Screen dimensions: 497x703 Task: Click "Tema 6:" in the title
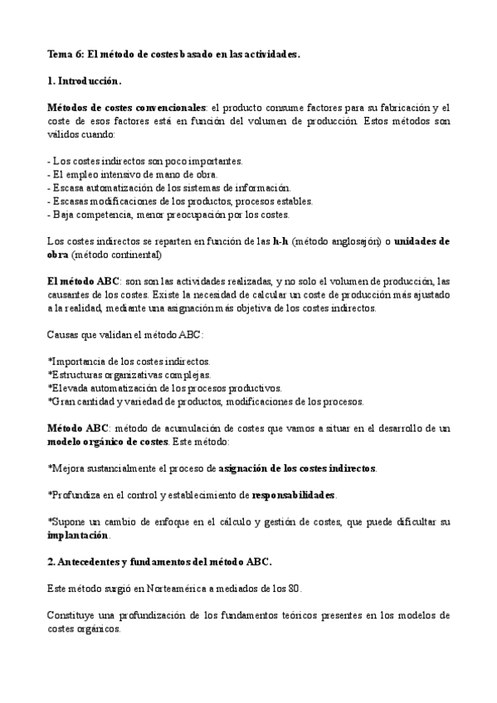(x=64, y=54)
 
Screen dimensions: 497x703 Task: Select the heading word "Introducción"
(x=90, y=81)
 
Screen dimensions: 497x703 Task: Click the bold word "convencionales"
(x=171, y=109)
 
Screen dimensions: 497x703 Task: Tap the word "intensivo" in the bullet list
(x=106, y=174)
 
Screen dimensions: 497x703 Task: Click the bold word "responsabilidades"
(x=293, y=495)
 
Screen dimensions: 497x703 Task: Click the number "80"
(x=294, y=589)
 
